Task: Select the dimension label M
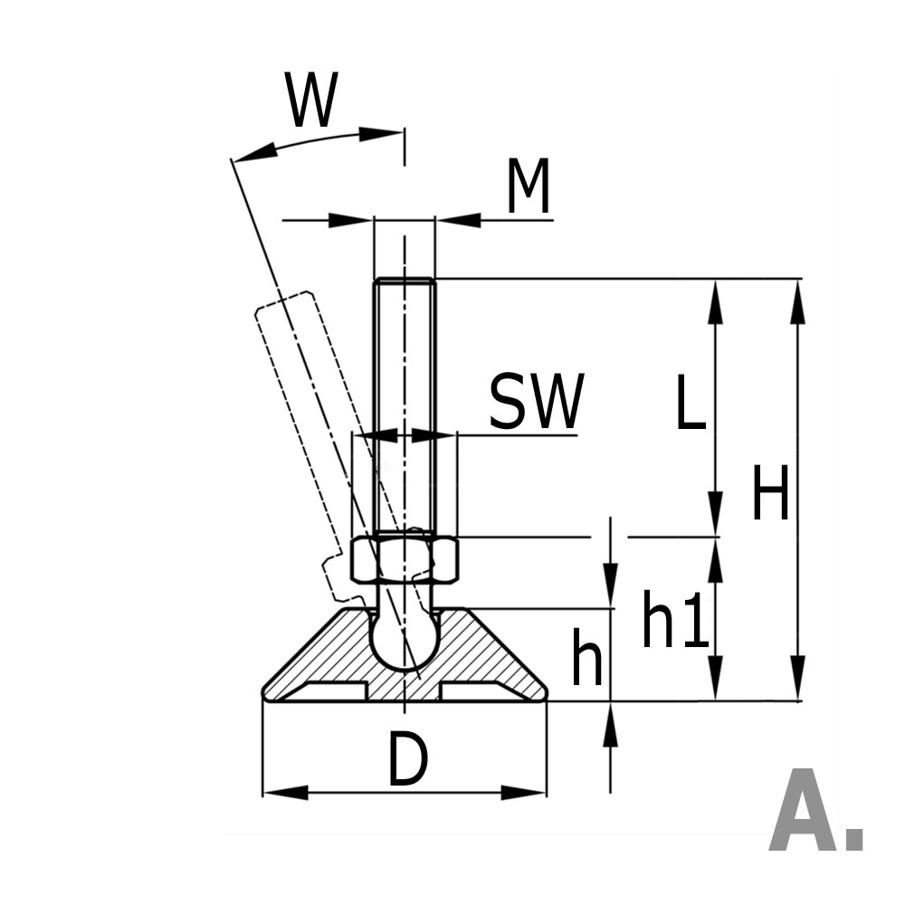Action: coord(528,188)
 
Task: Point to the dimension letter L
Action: coord(690,405)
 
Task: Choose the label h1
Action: coord(674,621)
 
